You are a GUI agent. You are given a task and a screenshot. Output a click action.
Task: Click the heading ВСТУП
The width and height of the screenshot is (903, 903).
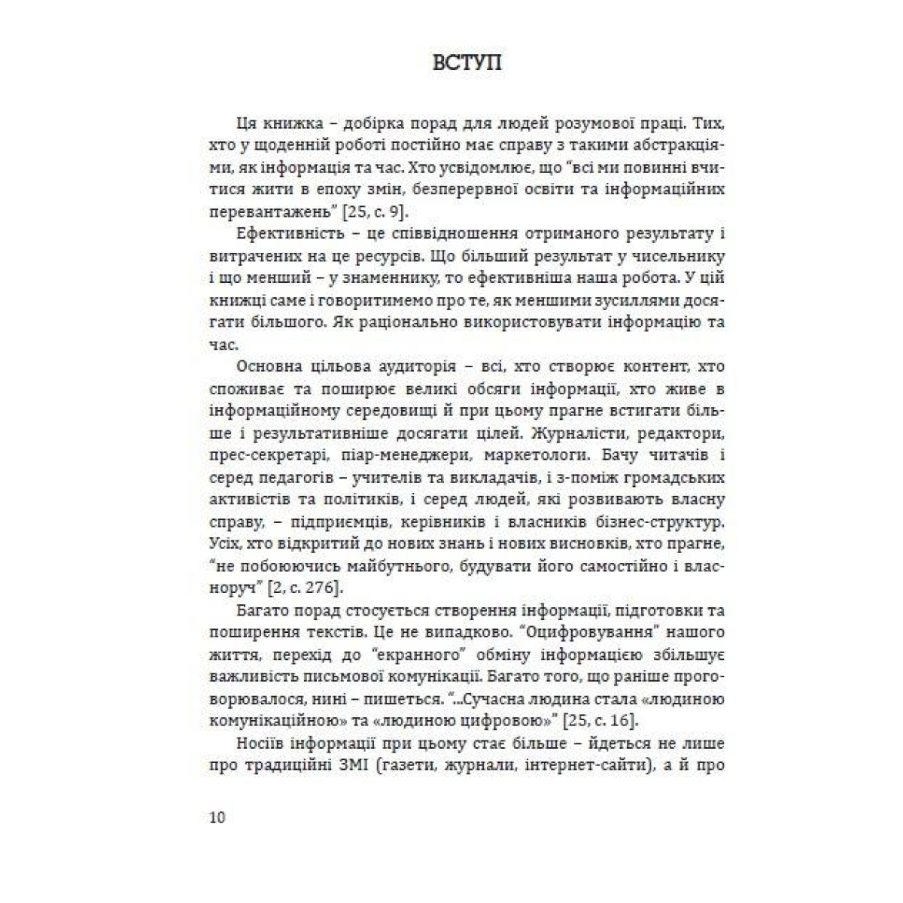click(x=467, y=62)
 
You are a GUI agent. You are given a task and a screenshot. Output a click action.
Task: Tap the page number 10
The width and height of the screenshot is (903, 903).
click(x=217, y=818)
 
